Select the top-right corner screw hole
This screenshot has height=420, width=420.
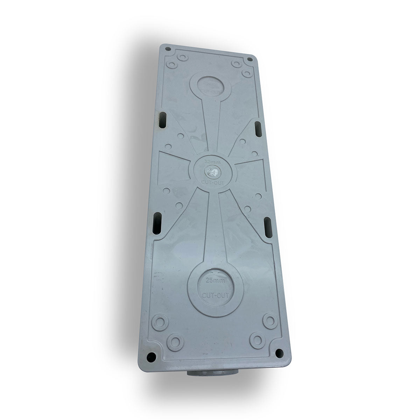tap(251, 61)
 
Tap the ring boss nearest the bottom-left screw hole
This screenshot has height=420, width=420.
tap(174, 339)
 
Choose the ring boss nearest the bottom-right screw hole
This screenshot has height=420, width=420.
tap(258, 339)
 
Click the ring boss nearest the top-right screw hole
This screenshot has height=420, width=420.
tap(237, 64)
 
